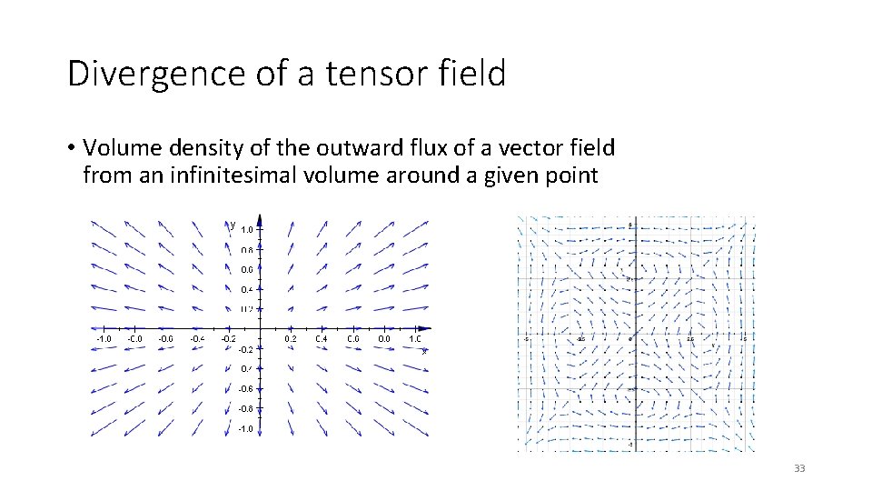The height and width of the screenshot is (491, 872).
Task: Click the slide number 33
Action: pyautogui.click(x=799, y=468)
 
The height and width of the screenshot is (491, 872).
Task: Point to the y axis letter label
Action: pyautogui.click(x=233, y=224)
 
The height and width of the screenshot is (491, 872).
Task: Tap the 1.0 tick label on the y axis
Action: pyautogui.click(x=247, y=230)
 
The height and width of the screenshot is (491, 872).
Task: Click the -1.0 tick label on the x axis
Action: pyautogui.click(x=104, y=338)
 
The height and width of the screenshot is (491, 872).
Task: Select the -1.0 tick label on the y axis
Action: pyautogui.click(x=245, y=428)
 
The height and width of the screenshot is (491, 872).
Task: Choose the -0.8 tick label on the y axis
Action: pyautogui.click(x=245, y=408)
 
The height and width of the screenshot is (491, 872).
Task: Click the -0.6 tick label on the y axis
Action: pyautogui.click(x=245, y=388)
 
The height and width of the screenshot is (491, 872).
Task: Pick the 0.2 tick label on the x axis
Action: pyautogui.click(x=291, y=338)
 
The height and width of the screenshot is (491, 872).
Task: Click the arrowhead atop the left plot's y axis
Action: pyautogui.click(x=261, y=219)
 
